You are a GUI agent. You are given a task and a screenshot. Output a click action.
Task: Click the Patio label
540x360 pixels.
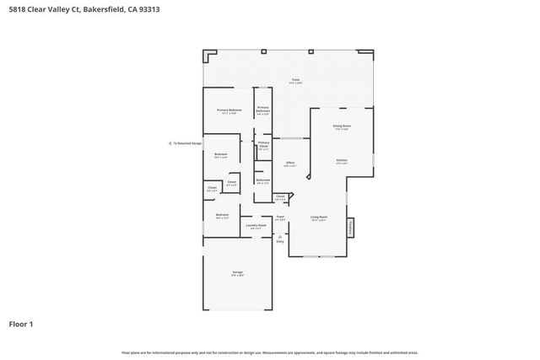pyautogui.click(x=295, y=81)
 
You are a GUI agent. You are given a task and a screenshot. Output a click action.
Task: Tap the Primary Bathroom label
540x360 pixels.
pyautogui.click(x=263, y=109)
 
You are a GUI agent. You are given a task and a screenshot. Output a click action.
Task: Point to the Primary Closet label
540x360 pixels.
pyautogui.click(x=263, y=144)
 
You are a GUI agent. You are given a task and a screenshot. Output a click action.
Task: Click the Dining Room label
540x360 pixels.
pyautogui.click(x=342, y=126)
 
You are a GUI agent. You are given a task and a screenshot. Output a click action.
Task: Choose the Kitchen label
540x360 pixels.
pyautogui.click(x=342, y=161)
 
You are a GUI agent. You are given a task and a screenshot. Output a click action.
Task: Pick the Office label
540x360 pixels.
pyautogui.click(x=289, y=164)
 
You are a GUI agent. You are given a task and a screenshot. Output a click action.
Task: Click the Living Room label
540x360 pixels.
pyautogui.click(x=319, y=218)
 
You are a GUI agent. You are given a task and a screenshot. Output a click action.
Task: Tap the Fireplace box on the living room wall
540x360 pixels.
pyautogui.click(x=350, y=228)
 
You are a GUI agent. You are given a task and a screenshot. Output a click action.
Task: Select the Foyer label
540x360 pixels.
pyautogui.click(x=280, y=218)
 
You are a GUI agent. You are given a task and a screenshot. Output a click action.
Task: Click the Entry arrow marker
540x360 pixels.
pyautogui.click(x=280, y=238)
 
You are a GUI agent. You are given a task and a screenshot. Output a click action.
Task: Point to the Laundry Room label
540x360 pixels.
pyautogui.click(x=256, y=226)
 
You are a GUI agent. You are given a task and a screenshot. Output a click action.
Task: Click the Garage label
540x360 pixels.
pyautogui.click(x=238, y=273)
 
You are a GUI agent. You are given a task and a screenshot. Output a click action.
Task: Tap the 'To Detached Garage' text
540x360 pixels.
pyautogui.click(x=187, y=143)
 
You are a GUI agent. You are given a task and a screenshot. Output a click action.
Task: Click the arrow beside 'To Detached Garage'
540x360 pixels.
pyautogui.click(x=170, y=143)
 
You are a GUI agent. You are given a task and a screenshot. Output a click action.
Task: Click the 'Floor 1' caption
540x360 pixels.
pyautogui.click(x=23, y=324)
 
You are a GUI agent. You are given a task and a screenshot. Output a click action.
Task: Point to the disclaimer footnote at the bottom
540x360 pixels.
pyautogui.click(x=270, y=352)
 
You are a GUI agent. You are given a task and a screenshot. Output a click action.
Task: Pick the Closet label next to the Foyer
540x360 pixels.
pyautogui.click(x=280, y=197)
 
